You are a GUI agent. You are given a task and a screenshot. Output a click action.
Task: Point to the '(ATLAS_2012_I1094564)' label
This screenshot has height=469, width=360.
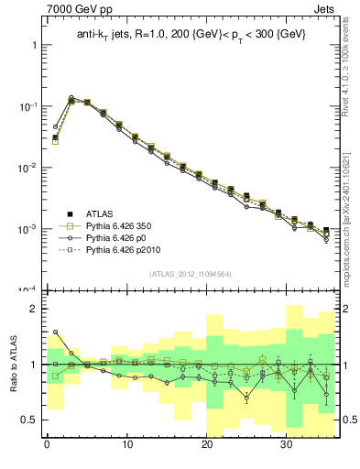point(190,273)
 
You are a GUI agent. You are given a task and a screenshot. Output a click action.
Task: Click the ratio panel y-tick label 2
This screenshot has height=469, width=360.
point(31,310)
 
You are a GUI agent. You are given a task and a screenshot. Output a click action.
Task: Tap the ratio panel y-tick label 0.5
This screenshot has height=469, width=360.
point(27,420)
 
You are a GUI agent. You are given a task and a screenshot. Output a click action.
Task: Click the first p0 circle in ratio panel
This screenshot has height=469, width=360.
point(55,333)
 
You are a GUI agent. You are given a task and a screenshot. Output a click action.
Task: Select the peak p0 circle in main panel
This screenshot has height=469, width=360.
point(71,97)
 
